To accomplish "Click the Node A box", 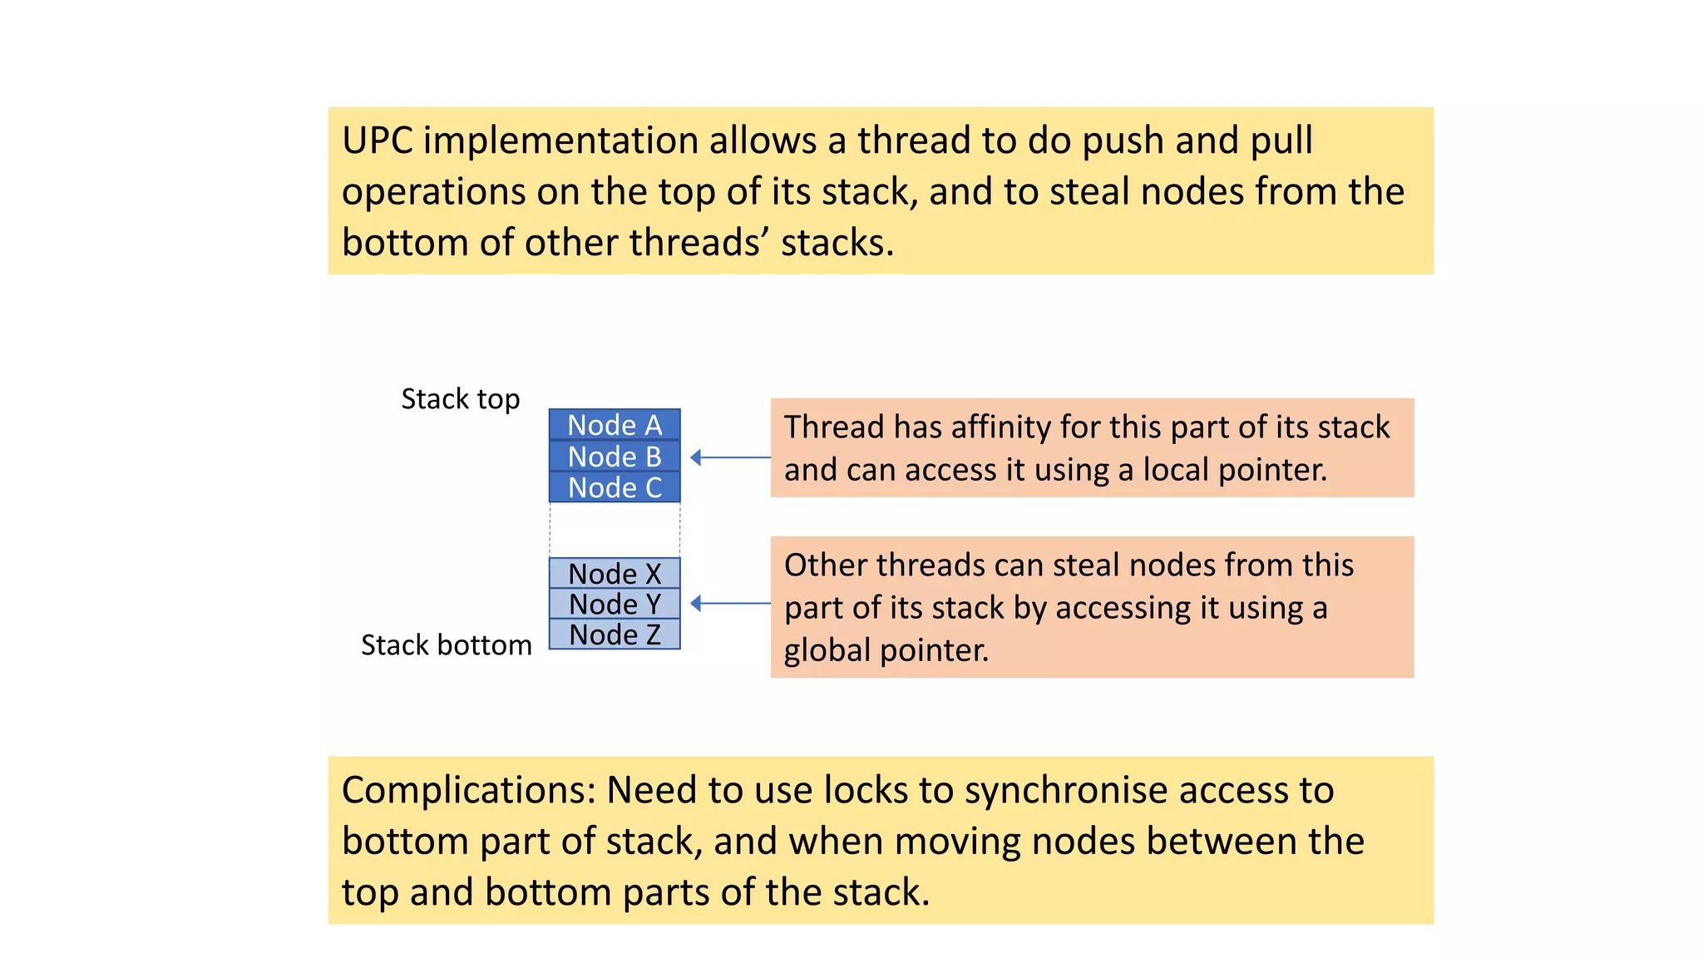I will tap(615, 425).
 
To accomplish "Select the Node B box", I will tap(615, 457).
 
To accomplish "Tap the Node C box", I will tap(615, 487).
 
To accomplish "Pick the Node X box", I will tap(615, 574).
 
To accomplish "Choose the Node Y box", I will tap(615, 604).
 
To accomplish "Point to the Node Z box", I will tap(615, 635).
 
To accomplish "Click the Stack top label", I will tap(460, 399).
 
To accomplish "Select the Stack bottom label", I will tap(446, 645).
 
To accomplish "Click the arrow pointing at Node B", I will tap(730, 457).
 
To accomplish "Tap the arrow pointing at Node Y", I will tap(730, 604).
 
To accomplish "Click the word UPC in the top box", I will tap(377, 141).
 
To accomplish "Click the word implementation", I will tap(561, 141).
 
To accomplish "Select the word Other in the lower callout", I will tap(823, 565).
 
